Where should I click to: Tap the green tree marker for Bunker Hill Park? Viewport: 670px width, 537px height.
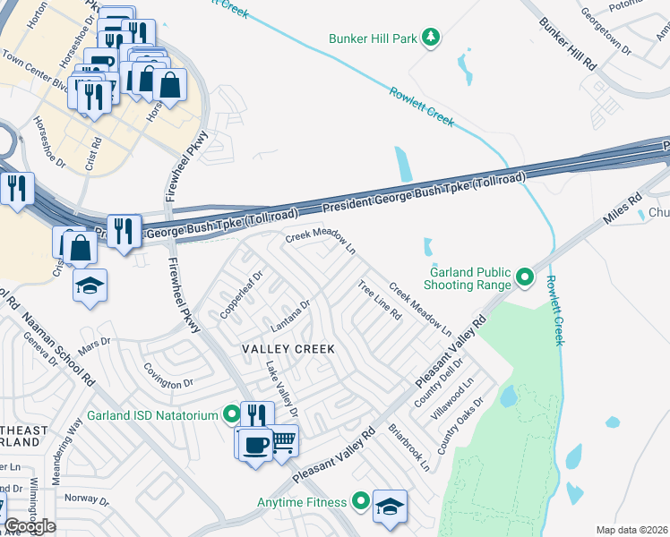click(431, 37)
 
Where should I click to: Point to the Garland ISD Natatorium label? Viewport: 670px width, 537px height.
click(152, 415)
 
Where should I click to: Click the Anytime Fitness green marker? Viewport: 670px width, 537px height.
click(361, 501)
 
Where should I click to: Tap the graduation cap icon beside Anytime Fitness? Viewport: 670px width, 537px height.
click(390, 506)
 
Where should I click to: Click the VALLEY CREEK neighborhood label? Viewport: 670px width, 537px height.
click(287, 349)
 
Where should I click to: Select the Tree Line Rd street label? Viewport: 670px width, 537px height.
click(379, 300)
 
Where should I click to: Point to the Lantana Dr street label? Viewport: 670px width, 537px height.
click(289, 313)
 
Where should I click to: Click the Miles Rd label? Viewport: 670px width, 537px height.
click(623, 211)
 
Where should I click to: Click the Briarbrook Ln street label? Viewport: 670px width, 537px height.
click(409, 447)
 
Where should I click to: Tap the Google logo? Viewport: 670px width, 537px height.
click(29, 526)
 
